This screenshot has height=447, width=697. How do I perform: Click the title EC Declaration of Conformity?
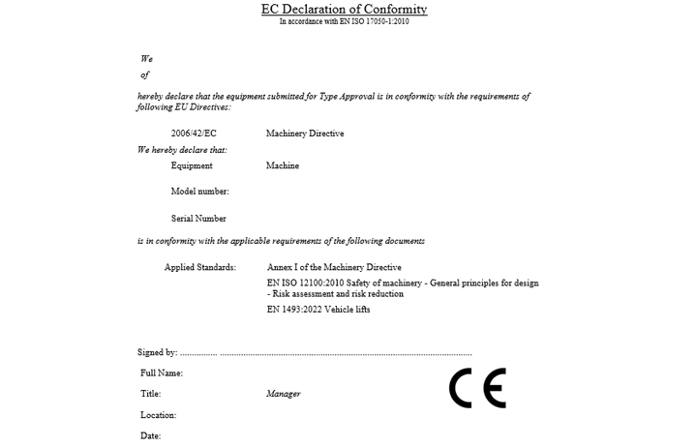point(344,10)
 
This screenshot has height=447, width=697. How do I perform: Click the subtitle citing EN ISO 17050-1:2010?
point(344,21)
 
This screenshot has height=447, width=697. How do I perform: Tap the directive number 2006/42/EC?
point(194,134)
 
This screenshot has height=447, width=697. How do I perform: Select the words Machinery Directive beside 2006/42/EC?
point(305,134)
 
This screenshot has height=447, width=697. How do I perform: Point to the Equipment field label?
point(192,165)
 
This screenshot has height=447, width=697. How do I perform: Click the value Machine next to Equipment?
point(283,165)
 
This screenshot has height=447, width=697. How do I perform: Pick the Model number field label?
point(199,192)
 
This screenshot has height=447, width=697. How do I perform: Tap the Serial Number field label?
point(198,219)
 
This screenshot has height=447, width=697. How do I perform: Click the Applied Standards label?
point(200,267)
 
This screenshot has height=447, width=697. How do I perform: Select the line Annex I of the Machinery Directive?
point(334,267)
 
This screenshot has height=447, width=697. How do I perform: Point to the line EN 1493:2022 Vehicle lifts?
point(318,310)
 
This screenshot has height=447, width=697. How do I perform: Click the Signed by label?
point(158,353)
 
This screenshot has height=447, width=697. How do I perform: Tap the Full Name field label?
point(162,373)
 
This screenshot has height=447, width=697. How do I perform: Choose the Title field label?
point(150,394)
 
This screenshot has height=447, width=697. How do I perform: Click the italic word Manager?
point(284,394)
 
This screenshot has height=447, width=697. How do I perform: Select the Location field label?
point(159,415)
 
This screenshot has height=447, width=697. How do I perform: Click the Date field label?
point(150,436)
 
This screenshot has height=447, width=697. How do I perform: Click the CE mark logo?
point(477,388)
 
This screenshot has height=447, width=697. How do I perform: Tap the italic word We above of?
point(146,59)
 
